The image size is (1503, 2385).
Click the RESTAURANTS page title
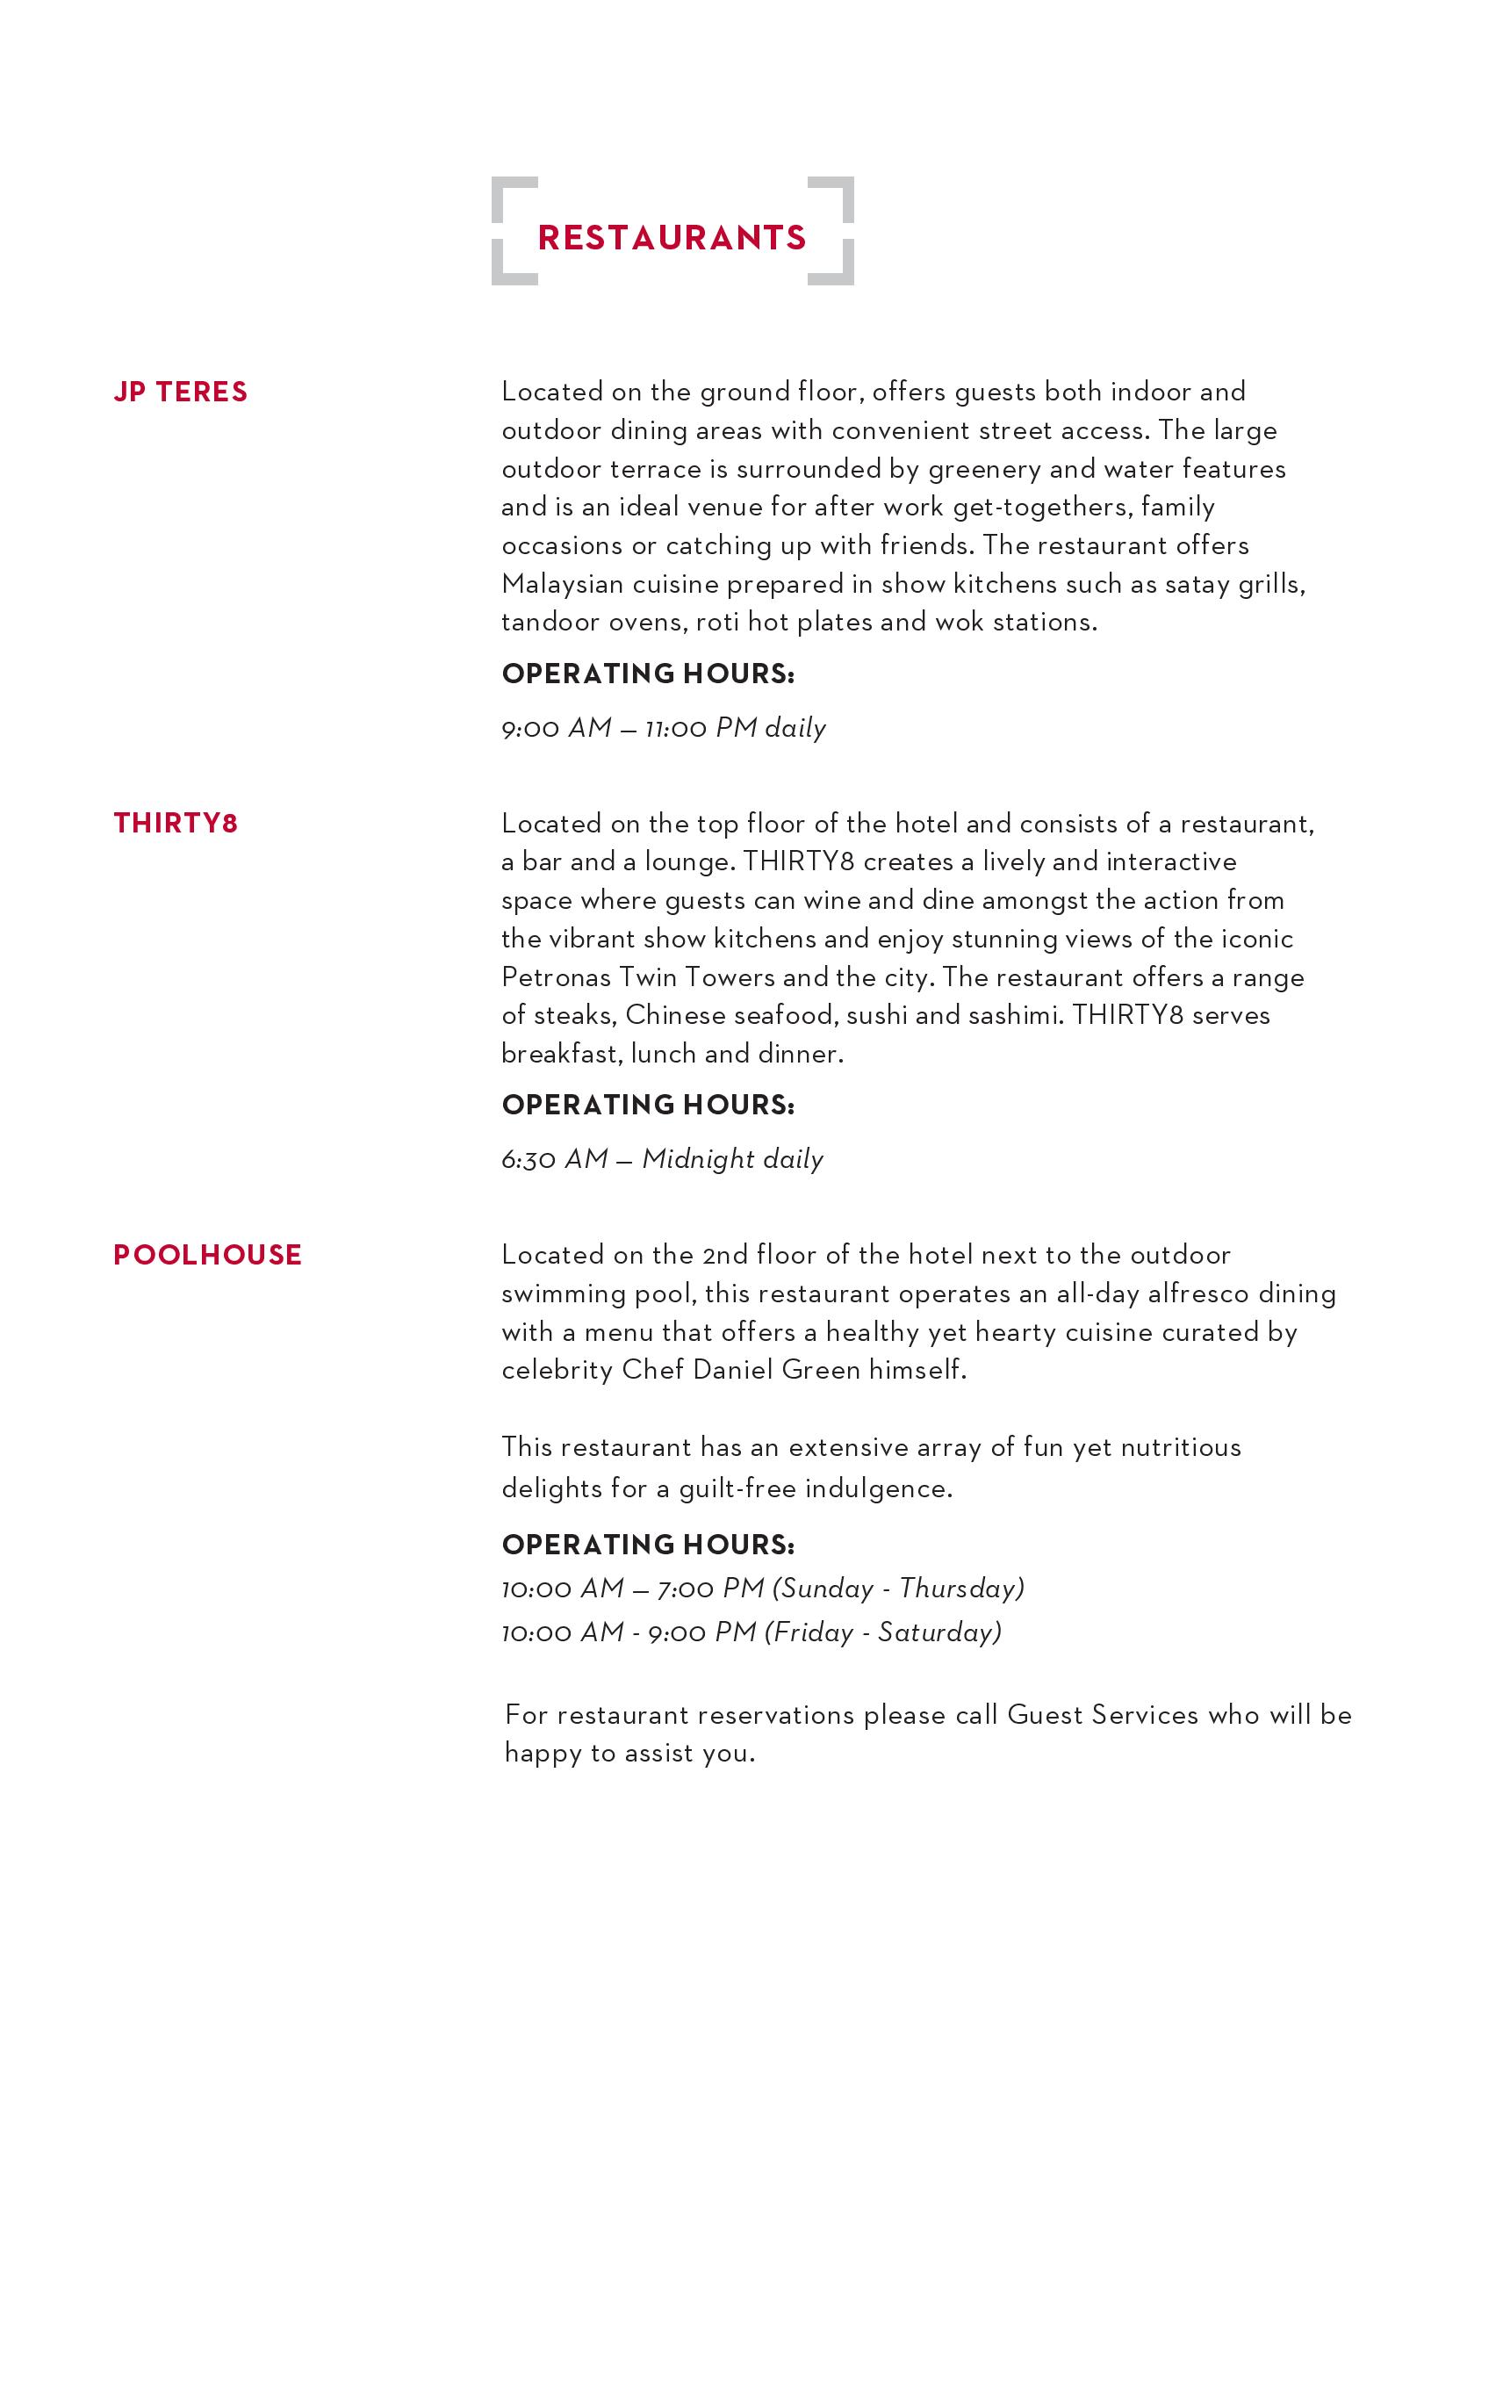click(x=672, y=238)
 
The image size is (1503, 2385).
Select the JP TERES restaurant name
click(x=180, y=393)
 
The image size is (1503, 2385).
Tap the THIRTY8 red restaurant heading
click(x=176, y=823)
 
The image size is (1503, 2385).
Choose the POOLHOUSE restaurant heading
click(x=207, y=1255)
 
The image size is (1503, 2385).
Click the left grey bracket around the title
click(x=507, y=231)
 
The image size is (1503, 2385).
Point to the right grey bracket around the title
click(x=838, y=231)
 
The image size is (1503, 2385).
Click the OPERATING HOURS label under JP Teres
click(x=648, y=674)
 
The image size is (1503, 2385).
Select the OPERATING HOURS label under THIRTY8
click(x=648, y=1105)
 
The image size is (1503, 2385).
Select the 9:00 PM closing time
click(x=702, y=1632)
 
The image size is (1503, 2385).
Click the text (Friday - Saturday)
click(x=883, y=1632)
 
